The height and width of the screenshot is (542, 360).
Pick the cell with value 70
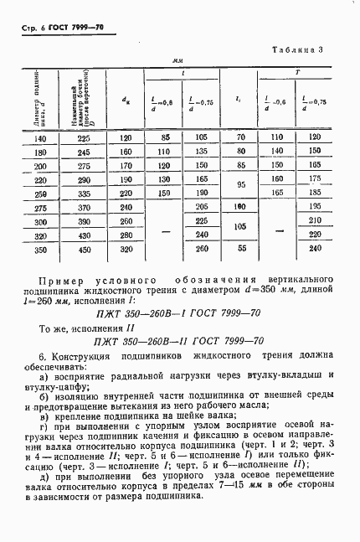240,139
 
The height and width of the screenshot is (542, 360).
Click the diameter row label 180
39,152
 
